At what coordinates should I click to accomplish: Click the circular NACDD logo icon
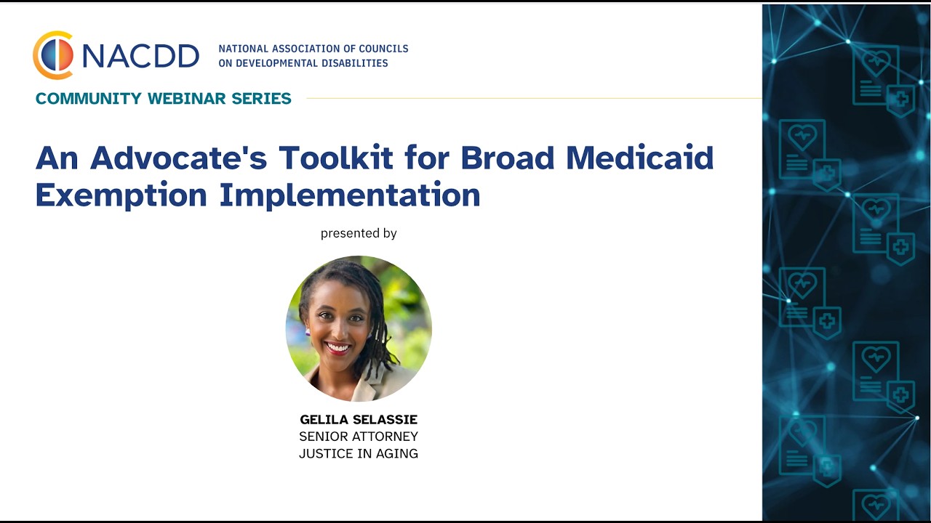tap(53, 55)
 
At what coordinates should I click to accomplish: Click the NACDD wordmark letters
tap(140, 56)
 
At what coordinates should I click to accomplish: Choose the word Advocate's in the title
tap(178, 158)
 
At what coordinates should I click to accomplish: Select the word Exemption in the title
tap(121, 195)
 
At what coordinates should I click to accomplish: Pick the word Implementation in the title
tap(350, 195)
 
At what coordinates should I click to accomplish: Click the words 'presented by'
tap(359, 233)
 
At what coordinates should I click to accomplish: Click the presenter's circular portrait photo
tap(359, 328)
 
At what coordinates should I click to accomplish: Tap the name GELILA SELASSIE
tap(359, 420)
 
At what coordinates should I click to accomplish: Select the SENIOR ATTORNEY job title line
tap(359, 437)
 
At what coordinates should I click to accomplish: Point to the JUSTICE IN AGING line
tap(359, 454)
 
